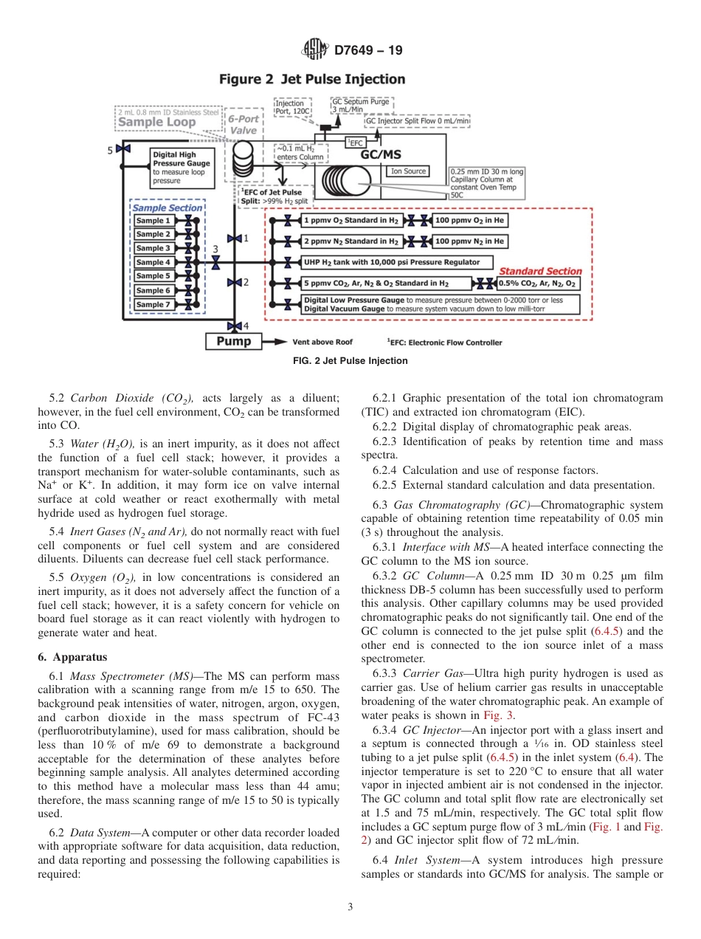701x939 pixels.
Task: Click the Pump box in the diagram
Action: point(233,342)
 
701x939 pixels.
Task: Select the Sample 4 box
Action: point(153,262)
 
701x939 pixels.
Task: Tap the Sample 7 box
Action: point(153,304)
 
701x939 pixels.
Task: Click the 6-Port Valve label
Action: point(243,124)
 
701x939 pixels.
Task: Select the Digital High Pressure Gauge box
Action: point(182,168)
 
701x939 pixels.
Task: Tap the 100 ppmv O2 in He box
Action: point(470,220)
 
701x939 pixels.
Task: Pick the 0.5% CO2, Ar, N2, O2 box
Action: point(538,283)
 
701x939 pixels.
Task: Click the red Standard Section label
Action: point(541,271)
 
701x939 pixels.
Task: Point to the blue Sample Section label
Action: point(167,208)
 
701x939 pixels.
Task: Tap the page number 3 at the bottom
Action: point(350,907)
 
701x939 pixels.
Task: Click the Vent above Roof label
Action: point(322,343)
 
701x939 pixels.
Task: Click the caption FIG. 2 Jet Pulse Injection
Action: point(350,361)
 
